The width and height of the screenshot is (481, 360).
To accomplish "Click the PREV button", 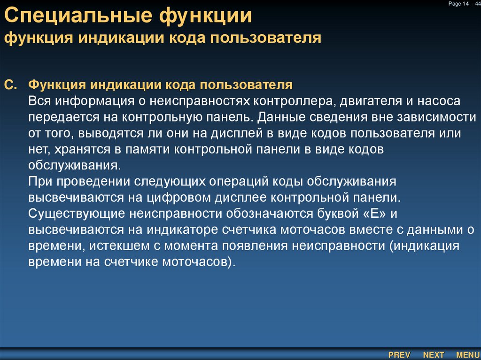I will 399,355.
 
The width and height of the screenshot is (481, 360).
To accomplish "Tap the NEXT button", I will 434,355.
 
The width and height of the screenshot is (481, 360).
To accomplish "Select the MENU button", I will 468,355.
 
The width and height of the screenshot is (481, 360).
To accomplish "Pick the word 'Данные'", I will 283,117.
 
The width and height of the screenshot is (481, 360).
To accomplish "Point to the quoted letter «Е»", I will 374,214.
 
